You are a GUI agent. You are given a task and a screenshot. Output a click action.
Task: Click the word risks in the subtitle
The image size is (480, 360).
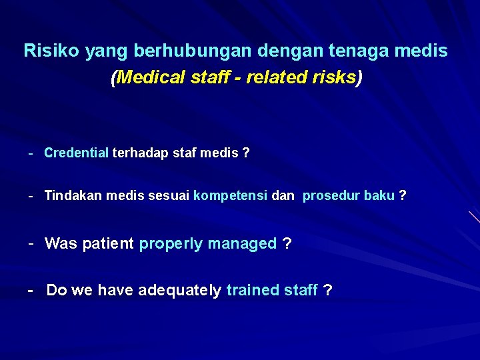click(x=334, y=78)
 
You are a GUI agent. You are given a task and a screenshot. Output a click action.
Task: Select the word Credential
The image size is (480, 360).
click(x=76, y=153)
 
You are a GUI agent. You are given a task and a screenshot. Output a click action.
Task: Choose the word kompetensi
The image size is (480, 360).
click(x=231, y=196)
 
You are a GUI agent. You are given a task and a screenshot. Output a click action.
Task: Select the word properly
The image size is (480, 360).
click(x=171, y=244)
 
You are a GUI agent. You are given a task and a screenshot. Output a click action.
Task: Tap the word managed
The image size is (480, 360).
click(x=242, y=244)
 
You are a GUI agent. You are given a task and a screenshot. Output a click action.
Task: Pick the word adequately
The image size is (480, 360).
click(x=180, y=291)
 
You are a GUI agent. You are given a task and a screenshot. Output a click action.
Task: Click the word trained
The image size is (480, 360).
click(x=249, y=291)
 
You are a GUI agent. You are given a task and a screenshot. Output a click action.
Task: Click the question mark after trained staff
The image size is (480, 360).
click(x=327, y=291)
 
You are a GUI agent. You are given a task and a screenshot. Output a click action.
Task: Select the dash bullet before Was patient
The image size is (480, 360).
click(x=31, y=243)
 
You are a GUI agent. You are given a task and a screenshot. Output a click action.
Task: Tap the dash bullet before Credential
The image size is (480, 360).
click(x=31, y=153)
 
